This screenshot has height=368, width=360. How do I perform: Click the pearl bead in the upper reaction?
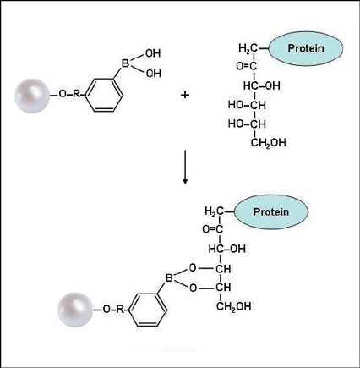coord(32,96)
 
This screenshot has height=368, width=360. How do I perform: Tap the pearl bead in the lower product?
coord(75,310)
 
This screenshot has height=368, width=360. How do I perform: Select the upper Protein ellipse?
coord(306,48)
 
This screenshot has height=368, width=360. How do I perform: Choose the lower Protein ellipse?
coord(271,211)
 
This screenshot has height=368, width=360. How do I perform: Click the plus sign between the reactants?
coord(185,95)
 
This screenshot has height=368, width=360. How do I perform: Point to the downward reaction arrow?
coord(185,168)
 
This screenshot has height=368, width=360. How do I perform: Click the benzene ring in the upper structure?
coord(104,95)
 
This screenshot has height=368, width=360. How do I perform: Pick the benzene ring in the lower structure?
coord(148,310)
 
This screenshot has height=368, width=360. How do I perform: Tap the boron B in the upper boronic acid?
coord(125,63)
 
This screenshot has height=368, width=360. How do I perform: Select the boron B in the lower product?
coord(169,278)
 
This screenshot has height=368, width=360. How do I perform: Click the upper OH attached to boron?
coord(153,53)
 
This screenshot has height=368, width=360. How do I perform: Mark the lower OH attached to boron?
coord(154,74)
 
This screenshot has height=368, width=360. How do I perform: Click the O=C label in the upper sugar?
coord(247,66)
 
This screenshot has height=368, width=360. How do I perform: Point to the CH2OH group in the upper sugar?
coord(268,142)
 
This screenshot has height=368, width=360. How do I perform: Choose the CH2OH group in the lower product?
coord(233,306)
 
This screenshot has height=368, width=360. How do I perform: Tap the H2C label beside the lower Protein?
coord(214,211)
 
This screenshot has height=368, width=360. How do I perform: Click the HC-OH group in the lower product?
coord(227,249)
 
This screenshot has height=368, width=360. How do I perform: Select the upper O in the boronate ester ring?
coord(193,267)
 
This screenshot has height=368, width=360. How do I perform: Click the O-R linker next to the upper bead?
coord(69,94)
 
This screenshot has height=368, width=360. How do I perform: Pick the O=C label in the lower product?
coord(213,229)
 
